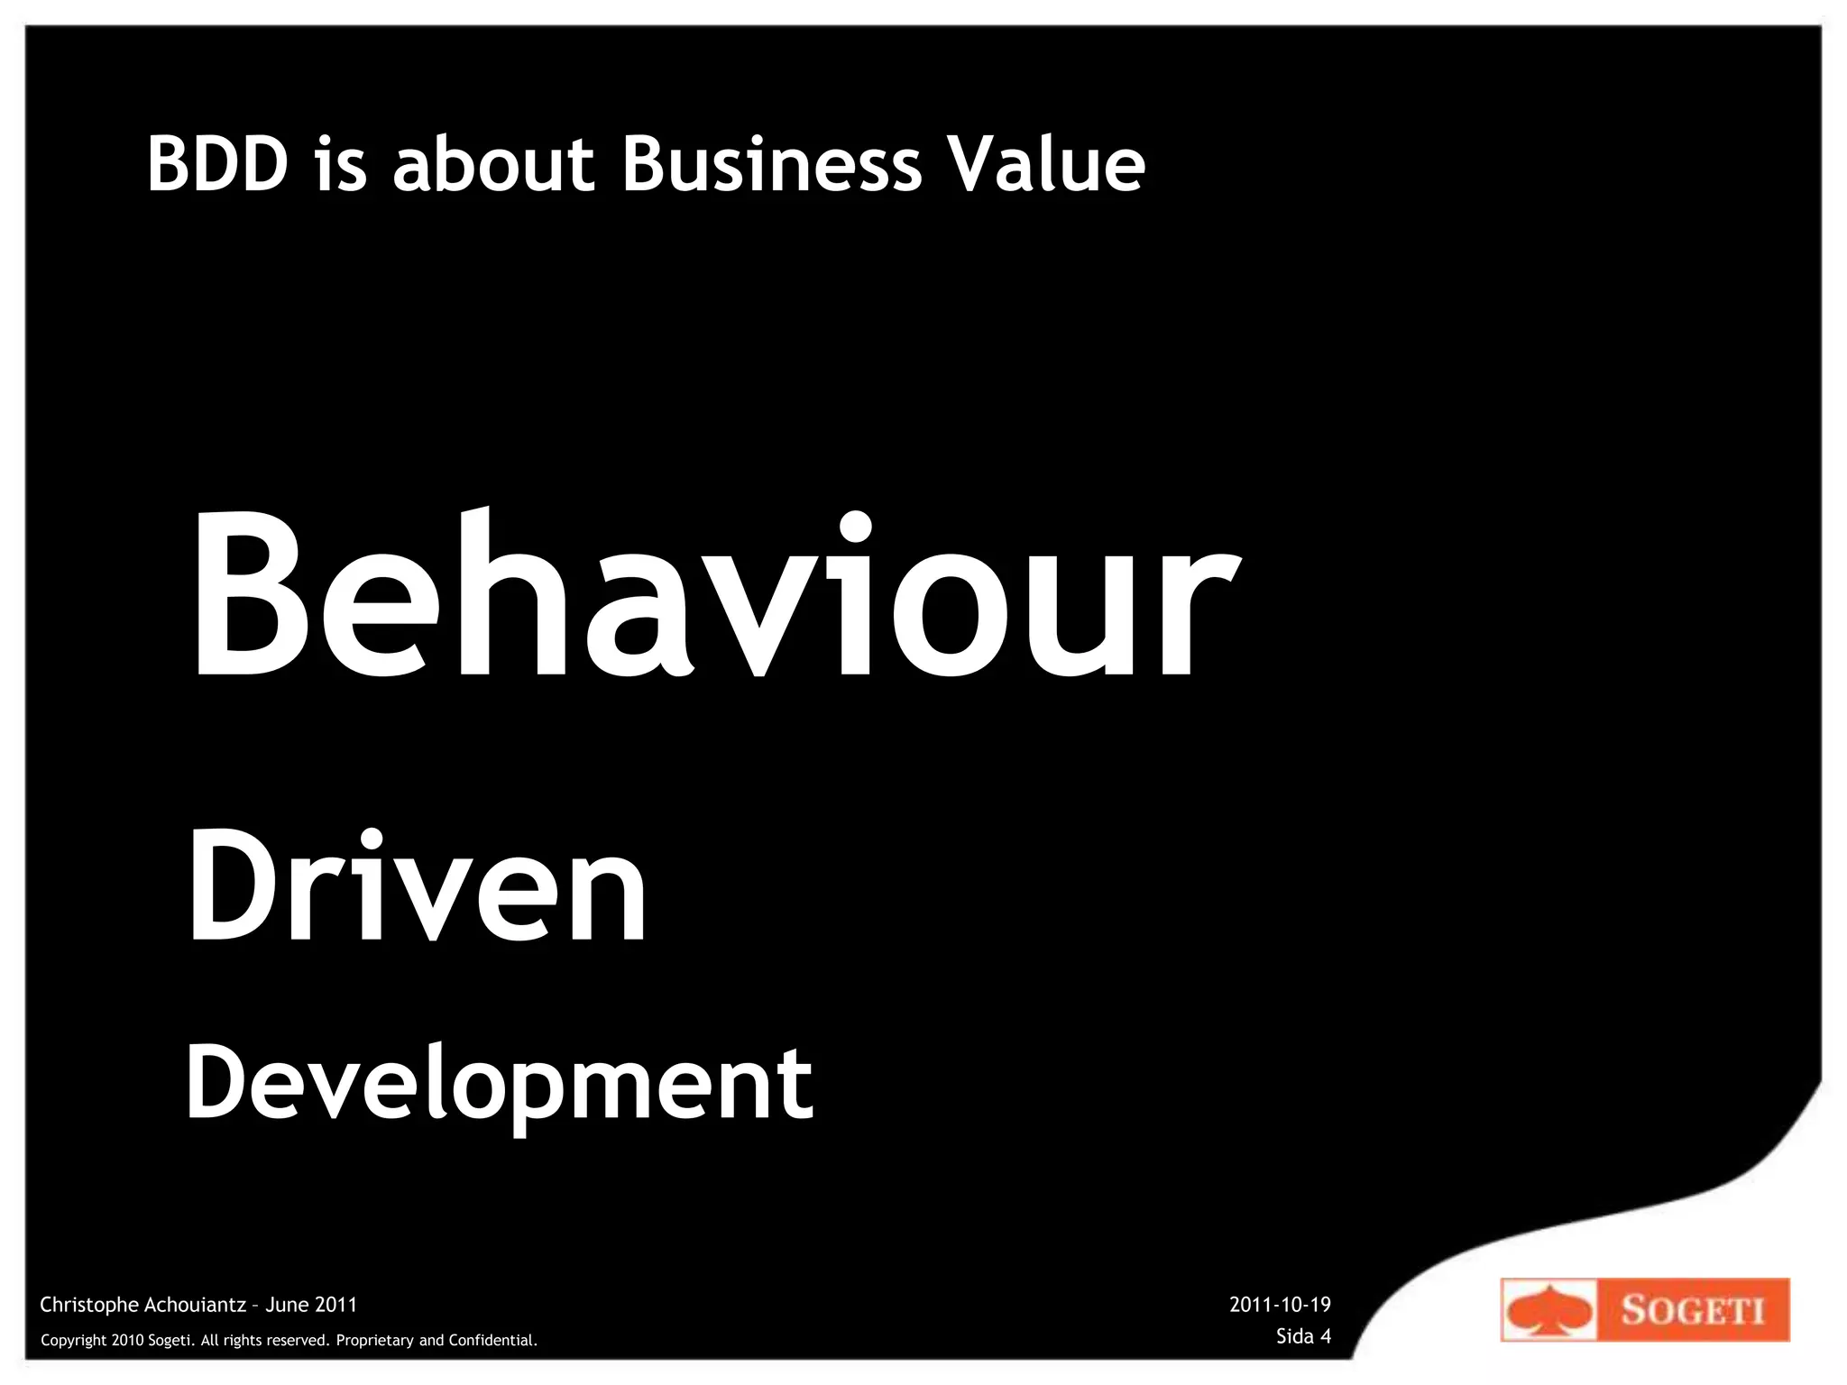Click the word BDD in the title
(x=216, y=164)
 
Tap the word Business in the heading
(x=772, y=164)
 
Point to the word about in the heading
(x=493, y=164)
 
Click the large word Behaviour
(x=712, y=595)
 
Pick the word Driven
(x=417, y=888)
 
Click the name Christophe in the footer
(x=89, y=1305)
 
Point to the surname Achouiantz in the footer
(x=195, y=1305)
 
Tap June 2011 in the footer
(x=311, y=1305)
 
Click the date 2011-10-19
(x=1280, y=1305)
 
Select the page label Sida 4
(x=1303, y=1336)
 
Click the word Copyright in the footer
(x=74, y=1341)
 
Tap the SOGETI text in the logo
(x=1693, y=1310)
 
